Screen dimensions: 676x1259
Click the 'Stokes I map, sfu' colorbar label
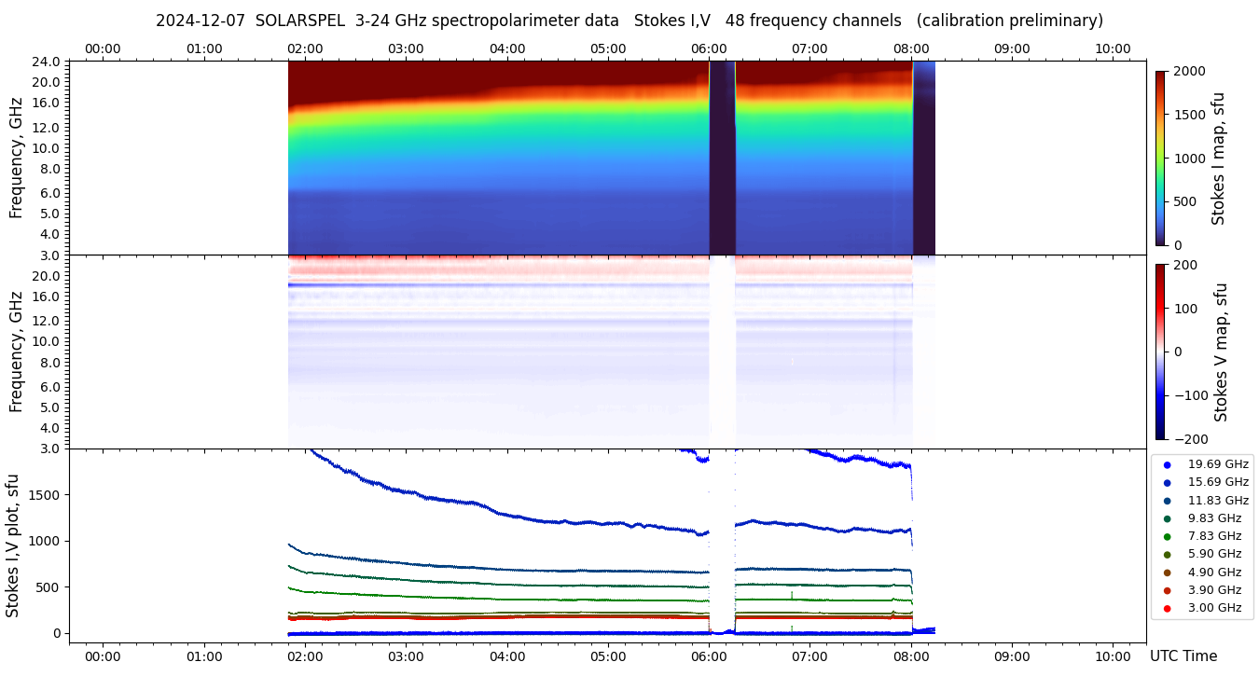(1218, 159)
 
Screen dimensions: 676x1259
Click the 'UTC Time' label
(1183, 656)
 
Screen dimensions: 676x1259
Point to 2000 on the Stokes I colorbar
(1189, 72)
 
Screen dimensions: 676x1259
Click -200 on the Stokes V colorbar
(1191, 439)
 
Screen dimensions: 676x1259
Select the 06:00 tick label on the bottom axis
(709, 656)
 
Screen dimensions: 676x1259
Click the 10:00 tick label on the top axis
(1113, 48)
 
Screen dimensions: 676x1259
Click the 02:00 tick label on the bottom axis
(305, 656)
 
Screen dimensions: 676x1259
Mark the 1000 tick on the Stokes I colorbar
(1189, 159)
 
